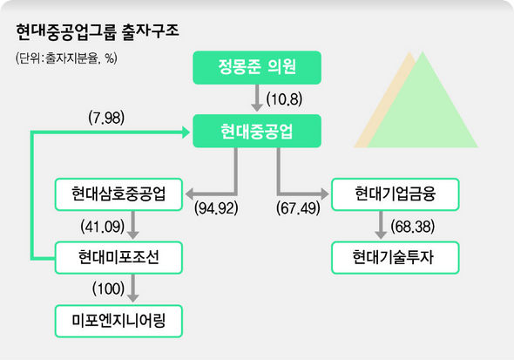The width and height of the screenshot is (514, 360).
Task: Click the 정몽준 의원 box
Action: click(x=257, y=67)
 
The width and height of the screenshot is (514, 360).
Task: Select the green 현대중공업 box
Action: click(x=257, y=131)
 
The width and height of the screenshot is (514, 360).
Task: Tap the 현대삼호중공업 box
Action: click(x=118, y=194)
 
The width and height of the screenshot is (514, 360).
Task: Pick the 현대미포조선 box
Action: click(x=118, y=258)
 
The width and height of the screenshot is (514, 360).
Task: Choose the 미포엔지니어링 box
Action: click(x=118, y=321)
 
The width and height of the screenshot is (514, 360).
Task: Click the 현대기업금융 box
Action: click(x=396, y=194)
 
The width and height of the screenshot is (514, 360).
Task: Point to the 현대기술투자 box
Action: click(x=396, y=258)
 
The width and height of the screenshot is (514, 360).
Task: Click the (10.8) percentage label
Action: click(x=284, y=99)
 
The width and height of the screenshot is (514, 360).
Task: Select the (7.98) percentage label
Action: click(x=106, y=118)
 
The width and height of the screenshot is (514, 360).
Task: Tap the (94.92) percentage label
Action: click(x=216, y=208)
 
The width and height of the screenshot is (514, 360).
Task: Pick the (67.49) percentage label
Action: click(x=298, y=208)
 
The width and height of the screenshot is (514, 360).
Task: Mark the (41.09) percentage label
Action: click(x=103, y=227)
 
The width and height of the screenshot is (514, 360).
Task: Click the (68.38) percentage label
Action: click(x=413, y=227)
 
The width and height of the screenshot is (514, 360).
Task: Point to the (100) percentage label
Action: click(x=109, y=289)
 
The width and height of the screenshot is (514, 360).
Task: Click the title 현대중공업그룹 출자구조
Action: click(x=98, y=31)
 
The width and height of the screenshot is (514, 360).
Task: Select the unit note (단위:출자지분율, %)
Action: click(x=66, y=58)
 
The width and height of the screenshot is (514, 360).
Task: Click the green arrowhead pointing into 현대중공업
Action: click(x=186, y=132)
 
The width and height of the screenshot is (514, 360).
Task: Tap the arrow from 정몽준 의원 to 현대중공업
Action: click(x=257, y=98)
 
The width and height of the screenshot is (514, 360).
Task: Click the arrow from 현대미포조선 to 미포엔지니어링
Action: click(x=132, y=288)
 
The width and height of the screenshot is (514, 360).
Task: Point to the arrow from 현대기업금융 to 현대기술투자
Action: click(x=381, y=225)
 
